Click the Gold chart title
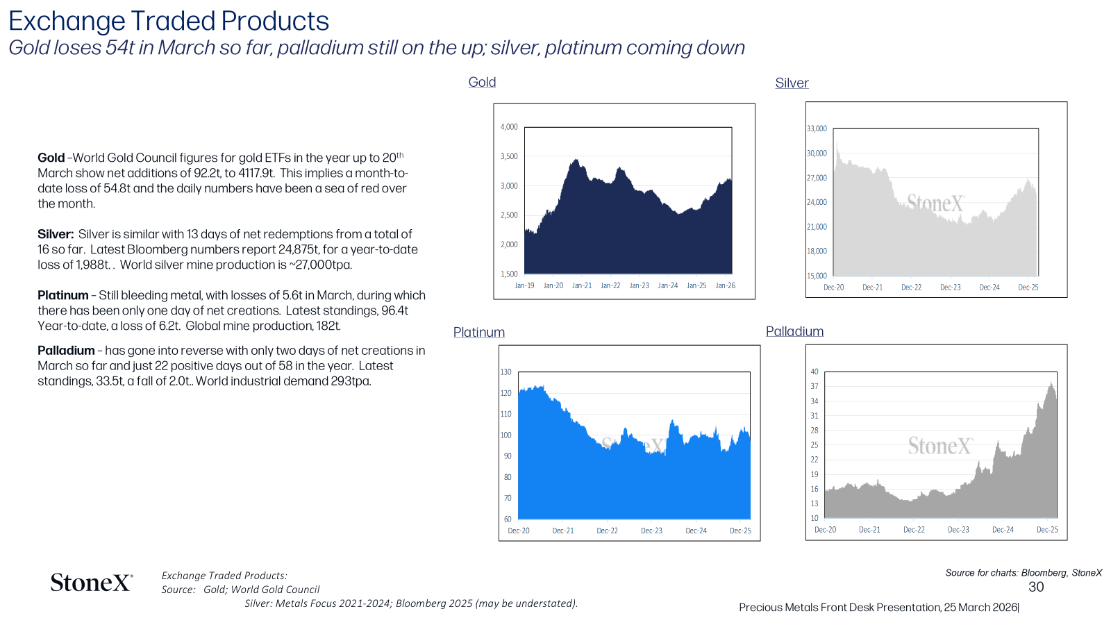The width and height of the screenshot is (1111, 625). click(482, 82)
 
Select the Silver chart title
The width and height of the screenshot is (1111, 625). click(792, 83)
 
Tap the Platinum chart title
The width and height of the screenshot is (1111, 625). click(478, 332)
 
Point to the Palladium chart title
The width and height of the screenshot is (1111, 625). click(794, 331)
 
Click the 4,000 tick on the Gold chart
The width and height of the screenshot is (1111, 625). click(509, 127)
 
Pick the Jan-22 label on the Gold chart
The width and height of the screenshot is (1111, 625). click(610, 285)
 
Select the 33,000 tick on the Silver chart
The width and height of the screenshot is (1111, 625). click(817, 128)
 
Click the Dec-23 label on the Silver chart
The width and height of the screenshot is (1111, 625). click(951, 287)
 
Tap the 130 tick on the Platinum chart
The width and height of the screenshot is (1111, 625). click(506, 372)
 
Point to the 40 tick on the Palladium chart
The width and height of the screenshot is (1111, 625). click(815, 372)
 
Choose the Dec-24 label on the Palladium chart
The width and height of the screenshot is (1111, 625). click(1003, 530)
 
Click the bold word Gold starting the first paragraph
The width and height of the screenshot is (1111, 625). click(51, 158)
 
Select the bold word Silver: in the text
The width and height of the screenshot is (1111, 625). click(56, 234)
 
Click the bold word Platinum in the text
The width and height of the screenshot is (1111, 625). click(63, 295)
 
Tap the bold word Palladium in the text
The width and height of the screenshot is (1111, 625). click(66, 350)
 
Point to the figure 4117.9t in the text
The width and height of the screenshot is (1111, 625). click(256, 173)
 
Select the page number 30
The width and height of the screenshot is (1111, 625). click(1036, 587)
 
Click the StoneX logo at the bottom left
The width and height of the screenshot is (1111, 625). click(92, 583)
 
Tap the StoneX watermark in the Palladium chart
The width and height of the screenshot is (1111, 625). click(940, 446)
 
